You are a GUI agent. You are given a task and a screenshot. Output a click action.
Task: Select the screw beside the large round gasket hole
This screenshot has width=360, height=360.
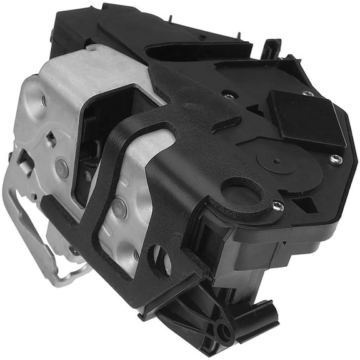point(277,206)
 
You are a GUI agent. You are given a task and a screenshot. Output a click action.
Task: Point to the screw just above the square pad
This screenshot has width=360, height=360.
point(308,93)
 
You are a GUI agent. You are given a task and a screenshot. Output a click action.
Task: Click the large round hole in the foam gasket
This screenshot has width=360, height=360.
point(242,190)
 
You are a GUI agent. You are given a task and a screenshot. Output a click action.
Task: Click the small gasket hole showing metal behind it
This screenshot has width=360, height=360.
point(159,259)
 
